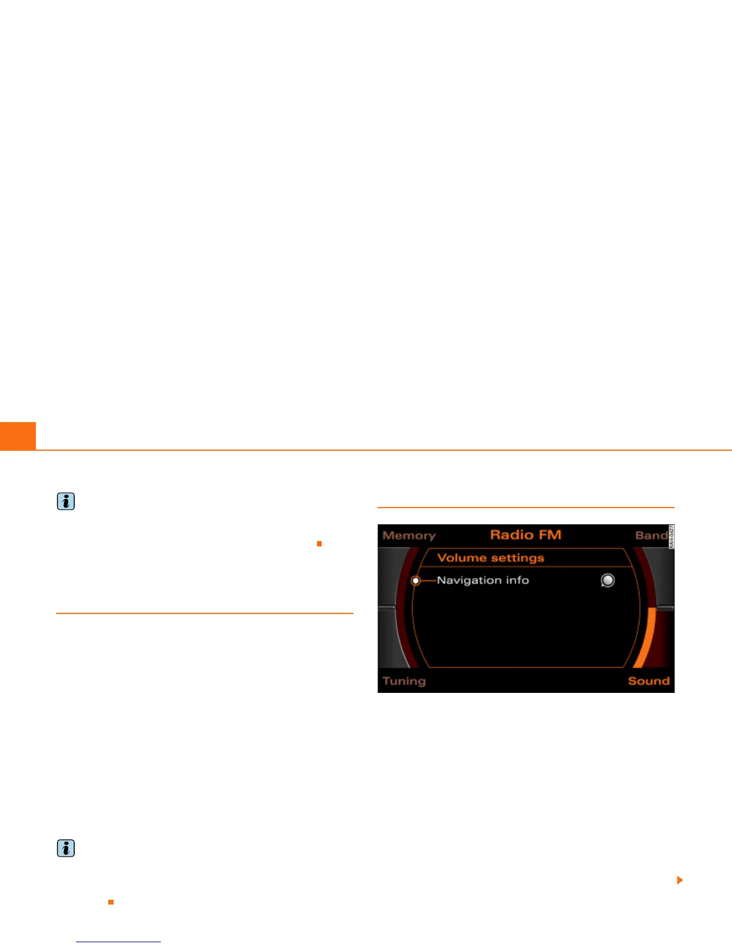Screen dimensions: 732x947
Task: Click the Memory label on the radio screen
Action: (x=409, y=536)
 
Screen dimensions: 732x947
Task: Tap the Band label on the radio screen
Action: (x=651, y=536)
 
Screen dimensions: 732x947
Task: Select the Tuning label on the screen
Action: (x=404, y=681)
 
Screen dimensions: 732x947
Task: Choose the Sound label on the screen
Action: (x=648, y=681)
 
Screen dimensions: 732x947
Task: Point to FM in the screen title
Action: (x=550, y=534)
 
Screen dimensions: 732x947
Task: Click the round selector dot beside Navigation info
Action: (x=416, y=581)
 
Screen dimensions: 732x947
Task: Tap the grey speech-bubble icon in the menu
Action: (x=608, y=581)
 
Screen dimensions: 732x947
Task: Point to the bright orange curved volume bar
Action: (x=646, y=637)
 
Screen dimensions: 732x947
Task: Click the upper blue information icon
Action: (x=66, y=502)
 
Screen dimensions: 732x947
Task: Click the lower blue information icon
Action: (x=66, y=848)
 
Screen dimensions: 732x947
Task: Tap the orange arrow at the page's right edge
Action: (x=679, y=880)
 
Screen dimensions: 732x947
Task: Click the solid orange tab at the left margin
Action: (x=18, y=436)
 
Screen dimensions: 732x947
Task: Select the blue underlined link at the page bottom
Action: (x=118, y=942)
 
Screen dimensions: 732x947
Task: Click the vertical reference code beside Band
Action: (x=671, y=537)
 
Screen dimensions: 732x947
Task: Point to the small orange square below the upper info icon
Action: (x=319, y=543)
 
